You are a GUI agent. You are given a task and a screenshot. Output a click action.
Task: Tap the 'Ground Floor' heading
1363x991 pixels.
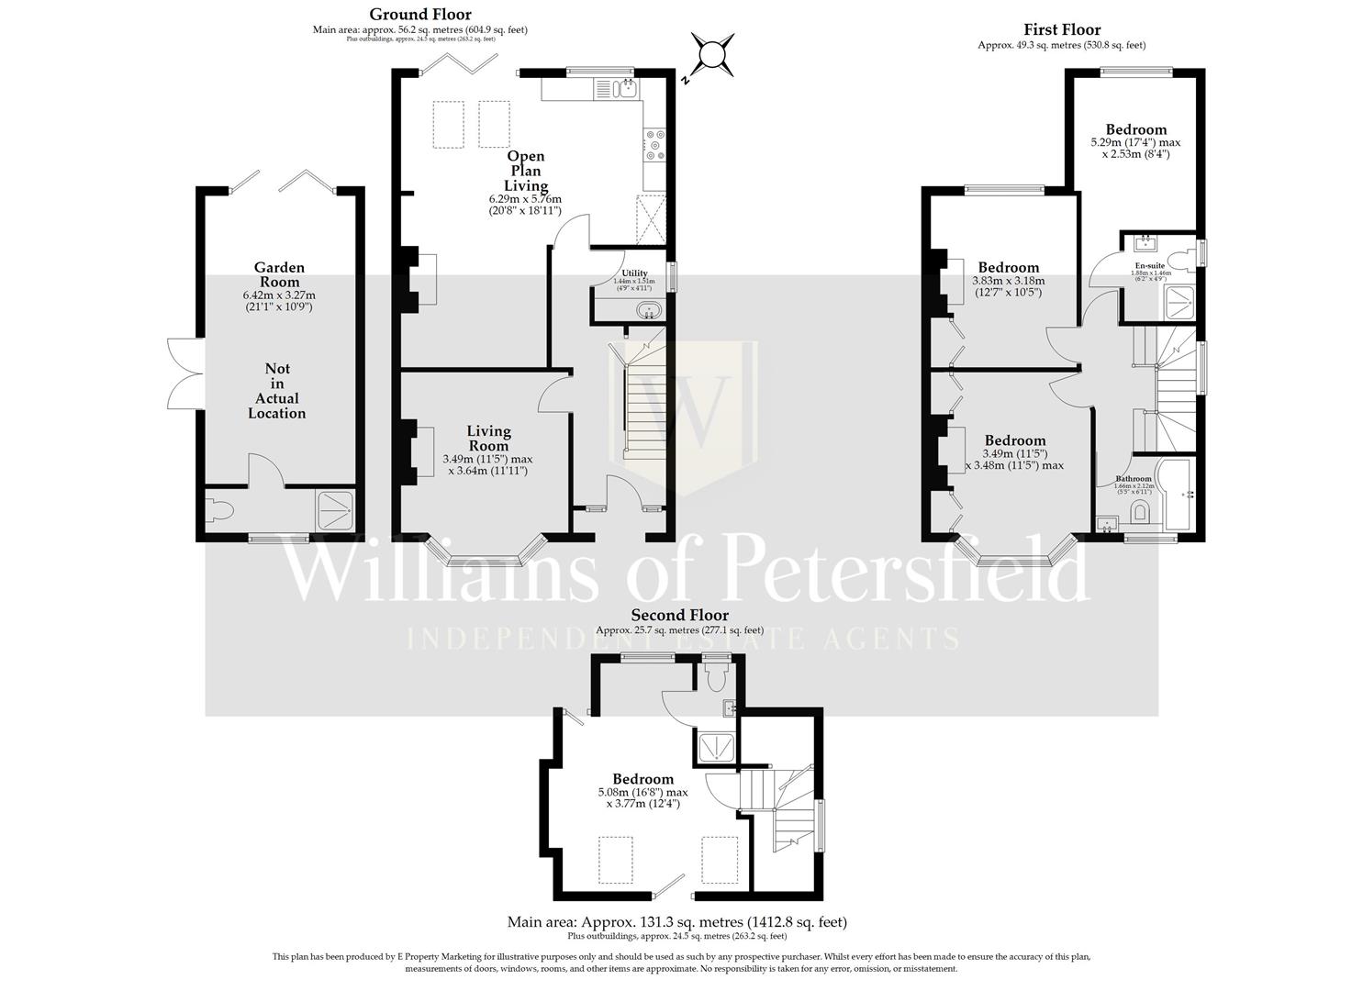coord(420,14)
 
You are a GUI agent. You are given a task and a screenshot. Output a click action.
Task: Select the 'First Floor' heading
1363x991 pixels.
coord(1062,29)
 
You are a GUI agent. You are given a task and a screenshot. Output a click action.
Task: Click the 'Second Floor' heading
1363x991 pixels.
coord(679,615)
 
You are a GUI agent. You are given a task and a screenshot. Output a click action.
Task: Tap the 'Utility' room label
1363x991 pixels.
coord(634,273)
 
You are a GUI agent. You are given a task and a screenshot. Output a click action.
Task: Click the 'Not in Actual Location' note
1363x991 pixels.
coord(277,391)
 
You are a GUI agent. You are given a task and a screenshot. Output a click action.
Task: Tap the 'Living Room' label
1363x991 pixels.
coord(488,439)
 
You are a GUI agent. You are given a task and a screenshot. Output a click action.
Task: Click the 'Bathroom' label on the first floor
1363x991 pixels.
coord(1133,479)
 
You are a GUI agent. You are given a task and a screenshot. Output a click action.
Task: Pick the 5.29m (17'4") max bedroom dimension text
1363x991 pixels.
coord(1135,142)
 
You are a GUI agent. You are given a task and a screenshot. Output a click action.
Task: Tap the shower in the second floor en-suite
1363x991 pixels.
coord(716,748)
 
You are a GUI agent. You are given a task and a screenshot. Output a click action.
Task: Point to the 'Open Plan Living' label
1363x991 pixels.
coord(525,171)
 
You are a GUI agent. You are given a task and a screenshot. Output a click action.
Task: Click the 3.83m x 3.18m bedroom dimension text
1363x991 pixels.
coord(1008,281)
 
